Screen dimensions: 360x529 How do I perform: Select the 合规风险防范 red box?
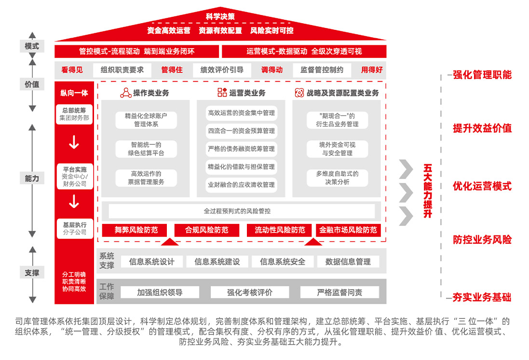[207, 230]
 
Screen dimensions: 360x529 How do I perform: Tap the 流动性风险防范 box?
[280, 230]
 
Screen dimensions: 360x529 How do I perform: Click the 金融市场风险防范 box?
[348, 230]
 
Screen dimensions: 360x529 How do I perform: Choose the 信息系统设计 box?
[151, 262]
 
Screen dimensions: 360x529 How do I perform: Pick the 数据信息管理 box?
[348, 262]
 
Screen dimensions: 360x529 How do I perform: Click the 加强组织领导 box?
[160, 292]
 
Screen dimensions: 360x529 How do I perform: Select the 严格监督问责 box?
[339, 292]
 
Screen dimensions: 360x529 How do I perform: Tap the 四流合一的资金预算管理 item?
[241, 131]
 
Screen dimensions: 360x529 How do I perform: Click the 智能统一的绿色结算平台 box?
[146, 149]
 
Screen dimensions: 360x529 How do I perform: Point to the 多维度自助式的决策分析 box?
[337, 178]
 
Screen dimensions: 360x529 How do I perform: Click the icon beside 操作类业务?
[126, 93]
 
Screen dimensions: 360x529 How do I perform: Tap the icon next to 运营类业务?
[222, 93]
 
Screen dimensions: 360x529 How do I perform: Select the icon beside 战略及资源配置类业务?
[299, 93]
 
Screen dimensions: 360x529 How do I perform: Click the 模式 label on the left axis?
[32, 46]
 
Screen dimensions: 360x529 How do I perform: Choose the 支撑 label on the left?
[32, 273]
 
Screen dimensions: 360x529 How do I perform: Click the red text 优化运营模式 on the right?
[482, 186]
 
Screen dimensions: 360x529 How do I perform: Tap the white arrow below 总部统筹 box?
[74, 142]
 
